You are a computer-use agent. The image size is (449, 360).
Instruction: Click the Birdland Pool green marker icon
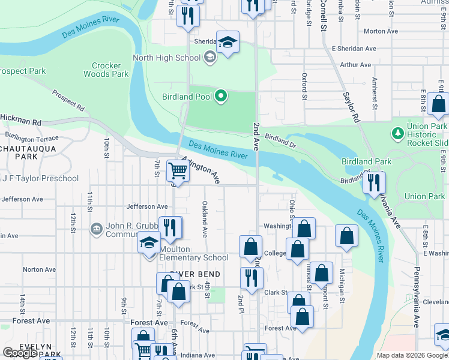point(221,96)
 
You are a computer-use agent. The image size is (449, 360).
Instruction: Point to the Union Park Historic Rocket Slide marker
point(396,132)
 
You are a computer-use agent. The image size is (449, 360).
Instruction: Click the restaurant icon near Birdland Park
point(375,182)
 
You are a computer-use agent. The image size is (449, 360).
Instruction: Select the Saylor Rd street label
point(351,107)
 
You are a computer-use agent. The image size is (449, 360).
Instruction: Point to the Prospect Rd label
point(67,100)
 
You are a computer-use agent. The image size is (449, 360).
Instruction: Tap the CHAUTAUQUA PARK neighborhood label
point(28,152)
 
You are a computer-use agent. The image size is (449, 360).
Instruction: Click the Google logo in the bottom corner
point(20,353)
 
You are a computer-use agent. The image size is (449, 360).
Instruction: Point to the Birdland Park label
point(366,161)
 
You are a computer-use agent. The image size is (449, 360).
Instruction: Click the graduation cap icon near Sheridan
point(228,42)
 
